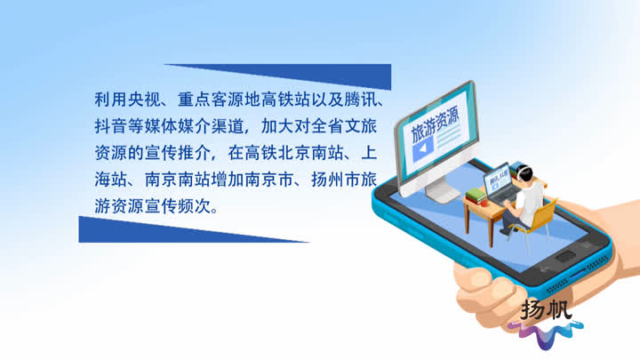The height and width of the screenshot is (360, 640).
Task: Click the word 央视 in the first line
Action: tap(144, 100)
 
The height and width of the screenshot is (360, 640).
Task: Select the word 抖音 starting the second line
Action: tap(110, 126)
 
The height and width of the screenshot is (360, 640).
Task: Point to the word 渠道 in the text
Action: tap(228, 126)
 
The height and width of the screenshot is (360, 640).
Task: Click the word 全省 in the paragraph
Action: tap(327, 126)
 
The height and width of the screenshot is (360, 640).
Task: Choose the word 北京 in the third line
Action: tap(294, 153)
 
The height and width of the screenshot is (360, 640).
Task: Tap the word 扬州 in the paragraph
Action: tap(327, 180)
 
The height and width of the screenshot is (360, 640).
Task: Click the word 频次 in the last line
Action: tap(194, 206)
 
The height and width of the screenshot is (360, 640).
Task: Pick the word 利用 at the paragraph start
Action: tap(110, 100)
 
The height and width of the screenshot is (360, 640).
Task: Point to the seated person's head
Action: tap(525, 174)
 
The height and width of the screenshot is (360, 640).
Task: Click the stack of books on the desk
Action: tap(476, 196)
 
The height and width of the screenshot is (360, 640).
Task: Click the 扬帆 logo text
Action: tap(546, 309)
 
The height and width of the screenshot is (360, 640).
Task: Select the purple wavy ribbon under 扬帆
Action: tap(546, 332)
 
